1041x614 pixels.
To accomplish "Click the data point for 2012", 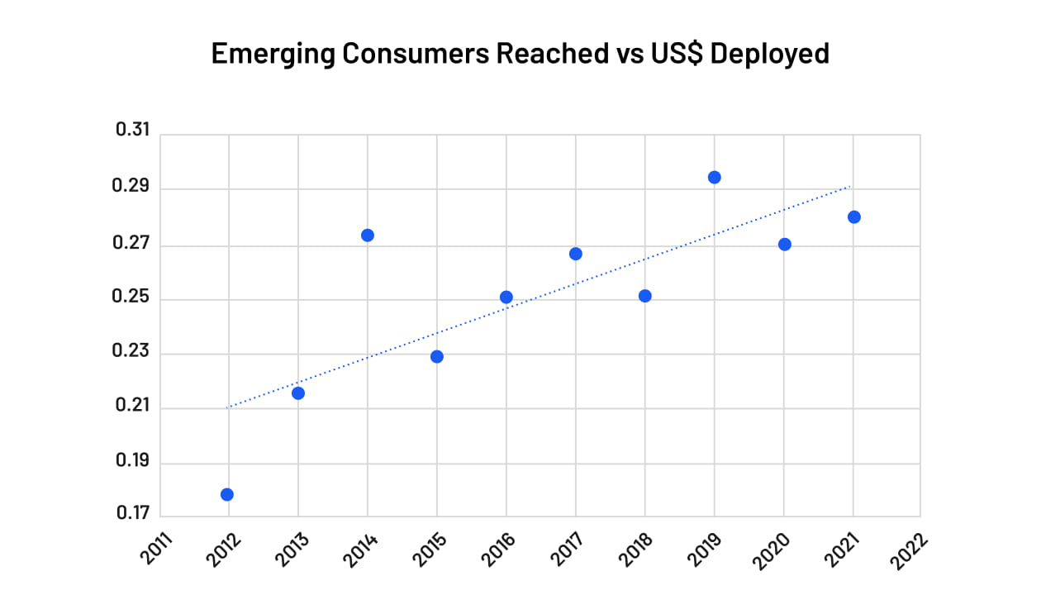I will click(x=227, y=494).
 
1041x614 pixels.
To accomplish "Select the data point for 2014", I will click(x=368, y=235).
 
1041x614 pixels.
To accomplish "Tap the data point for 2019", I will click(x=715, y=177).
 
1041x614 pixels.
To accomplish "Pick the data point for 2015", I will click(x=437, y=356).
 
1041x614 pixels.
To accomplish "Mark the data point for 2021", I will click(x=854, y=217).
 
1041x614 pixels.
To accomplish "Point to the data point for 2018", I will click(x=645, y=296).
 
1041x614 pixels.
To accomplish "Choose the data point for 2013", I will click(x=298, y=393).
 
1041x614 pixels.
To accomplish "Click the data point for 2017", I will click(x=576, y=254).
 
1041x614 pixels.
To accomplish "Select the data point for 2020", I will click(x=785, y=244).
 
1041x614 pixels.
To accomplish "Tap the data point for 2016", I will click(x=506, y=297).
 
